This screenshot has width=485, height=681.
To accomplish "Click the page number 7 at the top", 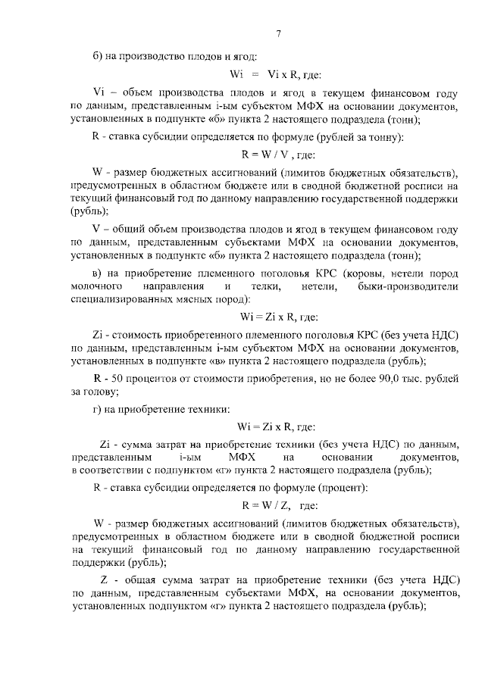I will click(278, 34).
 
